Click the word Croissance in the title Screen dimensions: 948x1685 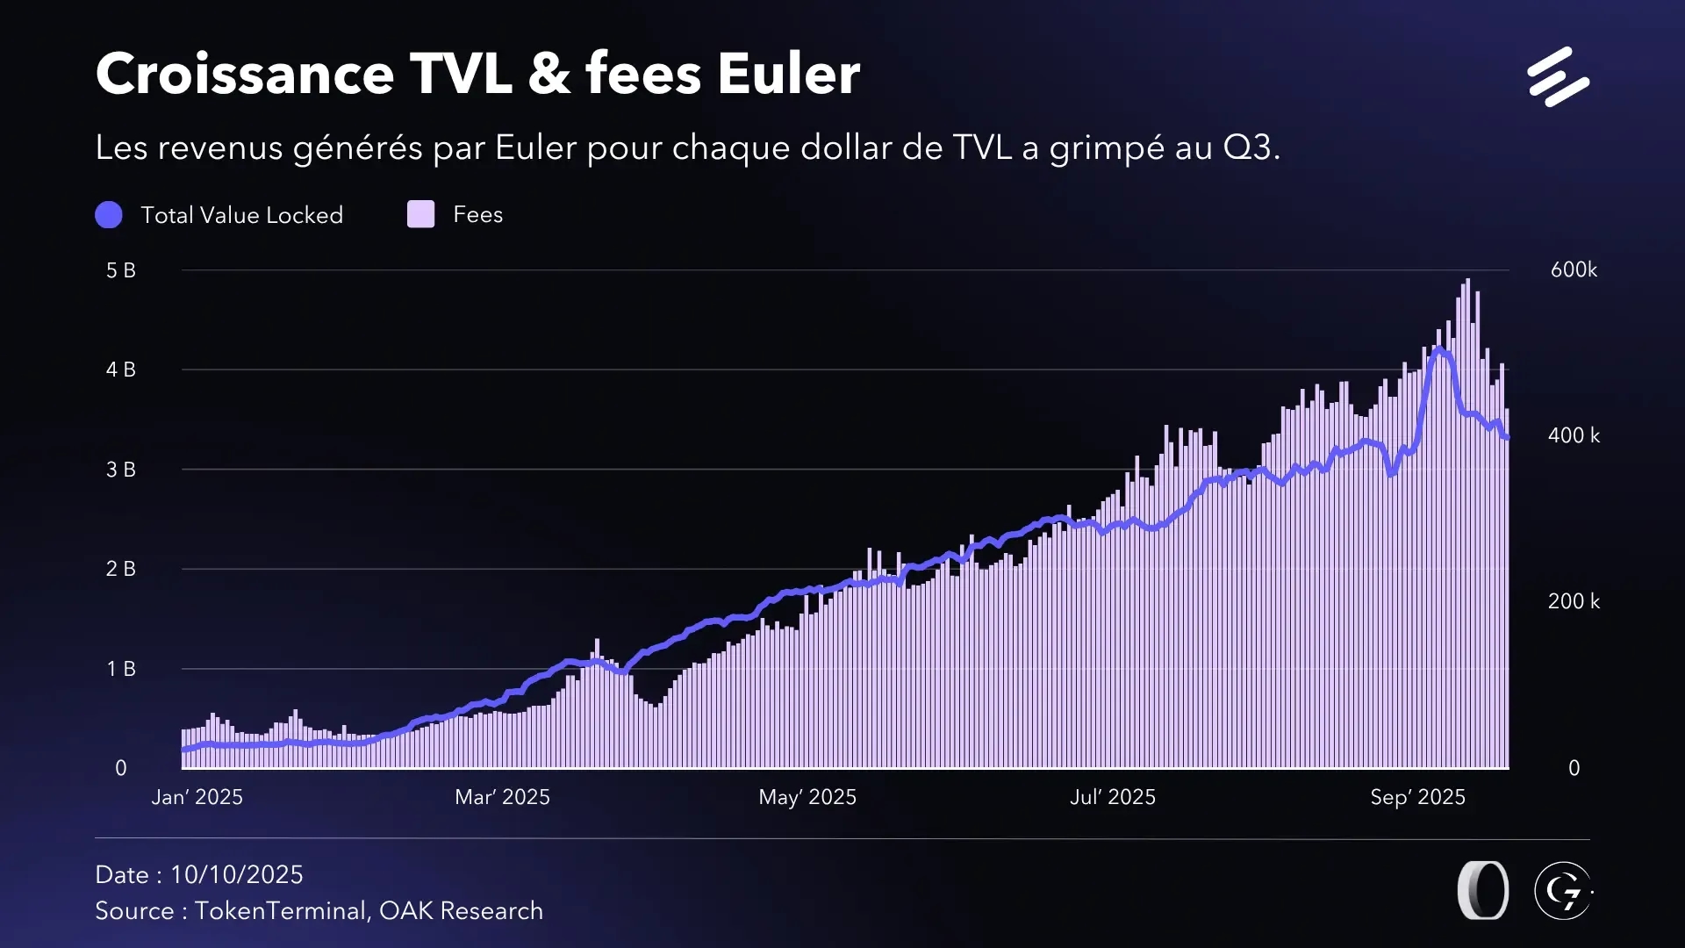pyautogui.click(x=245, y=74)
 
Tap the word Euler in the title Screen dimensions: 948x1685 pyautogui.click(x=788, y=74)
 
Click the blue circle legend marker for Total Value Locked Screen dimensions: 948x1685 pyautogui.click(x=109, y=215)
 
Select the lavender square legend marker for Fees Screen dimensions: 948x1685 pyautogui.click(x=421, y=215)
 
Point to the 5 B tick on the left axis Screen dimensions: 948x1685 pyautogui.click(x=121, y=270)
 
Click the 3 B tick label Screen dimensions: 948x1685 pyautogui.click(x=121, y=470)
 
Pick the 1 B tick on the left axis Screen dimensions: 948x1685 pyautogui.click(x=121, y=669)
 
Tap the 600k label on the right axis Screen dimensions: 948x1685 pyautogui.click(x=1574, y=270)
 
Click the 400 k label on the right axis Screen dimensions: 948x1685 pyautogui.click(x=1574, y=435)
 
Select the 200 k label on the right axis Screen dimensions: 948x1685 pyautogui.click(x=1574, y=601)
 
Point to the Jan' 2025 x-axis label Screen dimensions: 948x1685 pyautogui.click(x=197, y=797)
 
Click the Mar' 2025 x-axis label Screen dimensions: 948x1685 pyautogui.click(x=502, y=797)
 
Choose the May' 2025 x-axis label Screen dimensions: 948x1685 pyautogui.click(x=807, y=797)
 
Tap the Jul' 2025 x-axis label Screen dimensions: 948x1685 pyautogui.click(x=1113, y=797)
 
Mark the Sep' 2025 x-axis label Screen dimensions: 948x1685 pyautogui.click(x=1418, y=797)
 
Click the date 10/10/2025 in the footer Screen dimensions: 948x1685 pyautogui.click(x=237, y=875)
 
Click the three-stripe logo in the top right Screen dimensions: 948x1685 pyautogui.click(x=1558, y=77)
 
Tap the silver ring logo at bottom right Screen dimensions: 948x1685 pyautogui.click(x=1483, y=891)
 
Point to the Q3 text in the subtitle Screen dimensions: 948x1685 pyautogui.click(x=1247, y=147)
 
